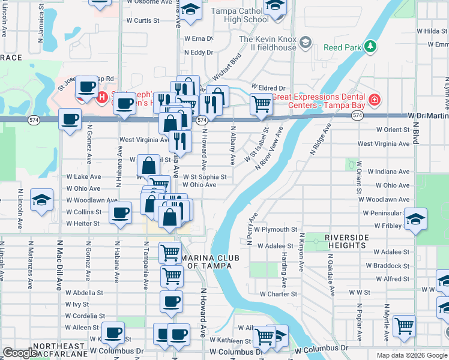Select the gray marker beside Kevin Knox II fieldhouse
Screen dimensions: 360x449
point(306,41)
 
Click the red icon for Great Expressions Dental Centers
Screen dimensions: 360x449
point(375,100)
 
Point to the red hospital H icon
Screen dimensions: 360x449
point(102,96)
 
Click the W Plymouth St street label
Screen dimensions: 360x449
point(276,229)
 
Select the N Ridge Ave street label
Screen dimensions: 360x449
point(321,140)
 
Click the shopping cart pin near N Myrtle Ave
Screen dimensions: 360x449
point(405,326)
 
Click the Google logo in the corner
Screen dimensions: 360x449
point(20,353)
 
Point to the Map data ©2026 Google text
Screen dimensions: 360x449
point(411,355)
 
